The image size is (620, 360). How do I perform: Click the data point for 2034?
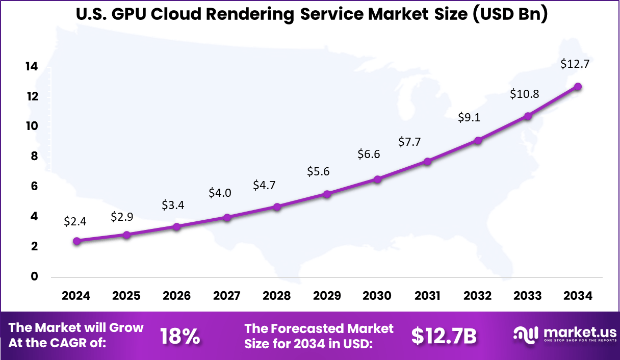coord(577,87)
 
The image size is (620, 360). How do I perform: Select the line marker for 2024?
coord(76,241)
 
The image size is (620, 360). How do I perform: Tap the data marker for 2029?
coord(327,194)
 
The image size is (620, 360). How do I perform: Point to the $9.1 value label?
coord(469,118)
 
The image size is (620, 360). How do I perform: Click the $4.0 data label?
coord(220,193)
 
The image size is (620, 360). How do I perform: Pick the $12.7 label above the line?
coord(575,64)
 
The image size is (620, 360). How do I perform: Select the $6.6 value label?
coord(369,155)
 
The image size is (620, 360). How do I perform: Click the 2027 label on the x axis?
coord(227,296)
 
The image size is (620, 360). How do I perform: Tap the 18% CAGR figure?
coord(180,337)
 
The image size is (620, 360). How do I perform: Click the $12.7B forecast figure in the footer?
coord(444,337)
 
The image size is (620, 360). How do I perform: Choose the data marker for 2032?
coord(478,140)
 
